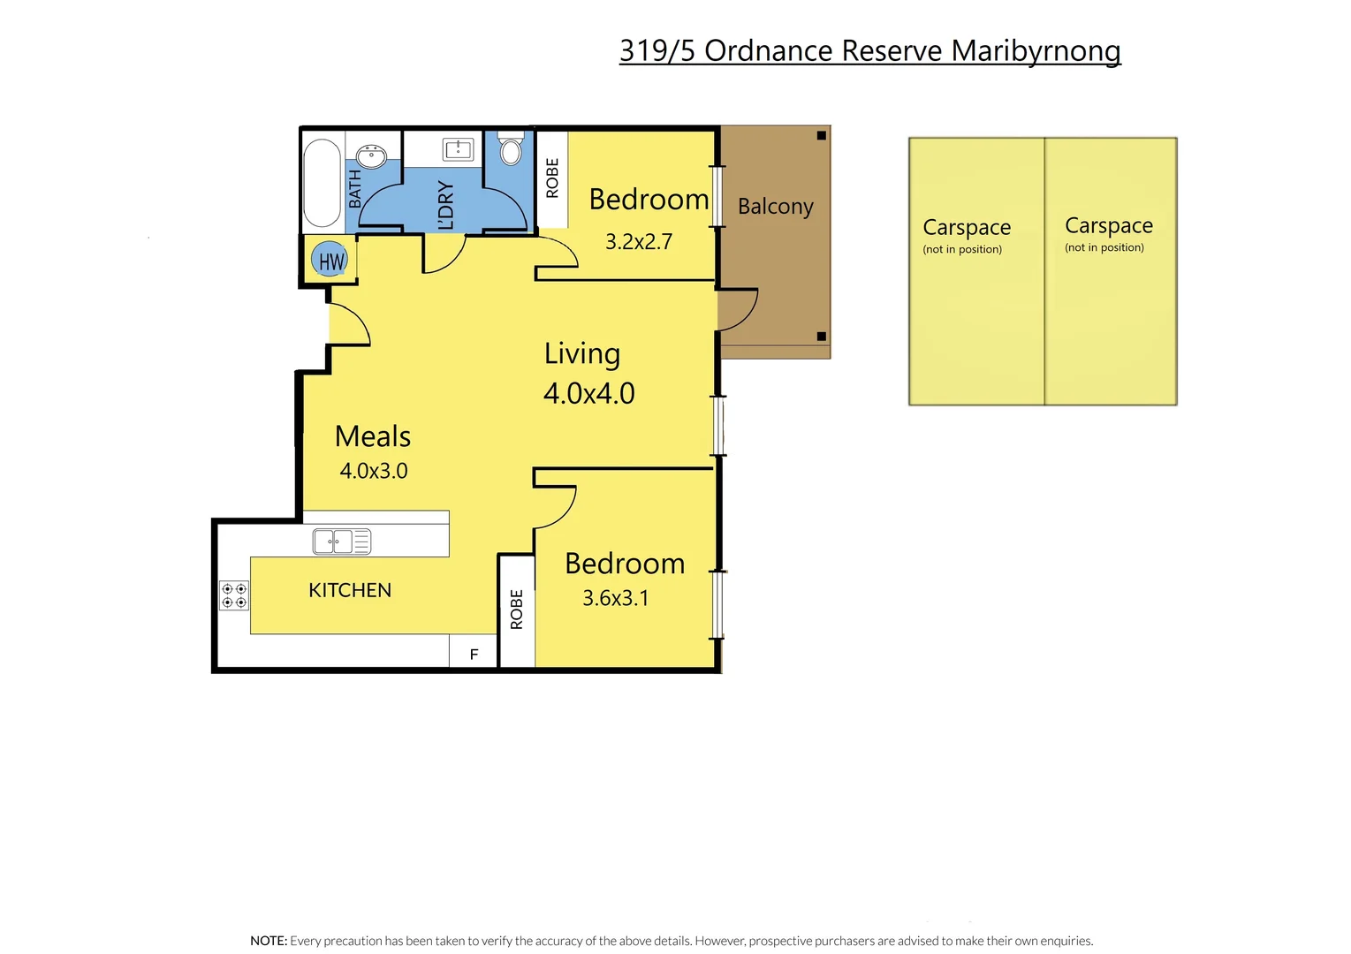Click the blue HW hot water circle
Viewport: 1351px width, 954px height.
coord(330,260)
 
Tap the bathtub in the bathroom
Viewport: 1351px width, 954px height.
coord(323,183)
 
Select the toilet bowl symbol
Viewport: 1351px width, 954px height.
coord(511,150)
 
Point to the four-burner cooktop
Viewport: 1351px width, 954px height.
coord(234,595)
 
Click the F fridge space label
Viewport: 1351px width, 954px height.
coord(474,655)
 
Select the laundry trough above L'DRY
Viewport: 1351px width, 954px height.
coord(458,149)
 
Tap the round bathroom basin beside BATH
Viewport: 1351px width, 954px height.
coord(372,157)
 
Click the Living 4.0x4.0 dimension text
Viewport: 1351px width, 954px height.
coord(588,393)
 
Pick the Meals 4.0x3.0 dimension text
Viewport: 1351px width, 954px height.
coord(373,471)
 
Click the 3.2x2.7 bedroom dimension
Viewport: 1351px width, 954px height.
coord(638,241)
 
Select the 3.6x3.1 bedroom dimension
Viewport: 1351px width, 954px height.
coord(615,598)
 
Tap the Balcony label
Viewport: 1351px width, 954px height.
coord(775,207)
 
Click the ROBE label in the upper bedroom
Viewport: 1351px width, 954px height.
coord(552,178)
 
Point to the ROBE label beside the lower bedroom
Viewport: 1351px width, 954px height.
coord(517,609)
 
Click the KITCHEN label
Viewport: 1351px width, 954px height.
coord(350,590)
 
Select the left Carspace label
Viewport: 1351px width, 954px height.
coord(966,228)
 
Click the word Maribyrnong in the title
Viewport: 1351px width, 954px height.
coord(1036,51)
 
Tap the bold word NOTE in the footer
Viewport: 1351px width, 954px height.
coord(268,941)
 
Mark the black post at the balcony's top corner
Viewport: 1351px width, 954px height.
coord(821,135)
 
